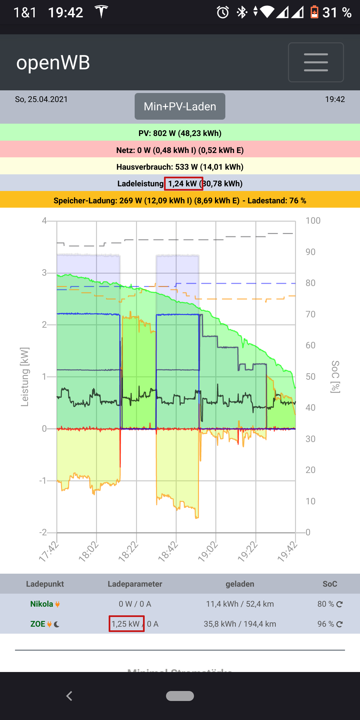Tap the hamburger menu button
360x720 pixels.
(x=316, y=62)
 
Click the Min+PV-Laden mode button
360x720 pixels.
(x=180, y=106)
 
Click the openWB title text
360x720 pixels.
(x=53, y=63)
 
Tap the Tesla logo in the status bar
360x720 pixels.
(x=101, y=12)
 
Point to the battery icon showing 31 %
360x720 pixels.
(x=314, y=12)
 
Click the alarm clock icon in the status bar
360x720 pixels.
(x=223, y=13)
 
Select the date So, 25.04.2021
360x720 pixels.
(x=41, y=99)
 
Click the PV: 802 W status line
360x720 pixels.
(x=180, y=133)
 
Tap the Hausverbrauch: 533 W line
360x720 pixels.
(x=180, y=167)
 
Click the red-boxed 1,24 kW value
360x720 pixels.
(x=183, y=184)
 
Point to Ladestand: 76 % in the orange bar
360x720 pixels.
(x=277, y=201)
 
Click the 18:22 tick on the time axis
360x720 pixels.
(x=129, y=551)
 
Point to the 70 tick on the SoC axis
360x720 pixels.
(x=311, y=314)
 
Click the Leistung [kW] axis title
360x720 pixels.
(x=25, y=377)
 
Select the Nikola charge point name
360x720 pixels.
(x=42, y=604)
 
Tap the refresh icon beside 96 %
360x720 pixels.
(x=339, y=624)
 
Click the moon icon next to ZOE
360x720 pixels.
(x=57, y=624)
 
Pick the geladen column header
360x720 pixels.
(x=240, y=584)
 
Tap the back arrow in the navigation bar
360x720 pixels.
(x=69, y=696)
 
